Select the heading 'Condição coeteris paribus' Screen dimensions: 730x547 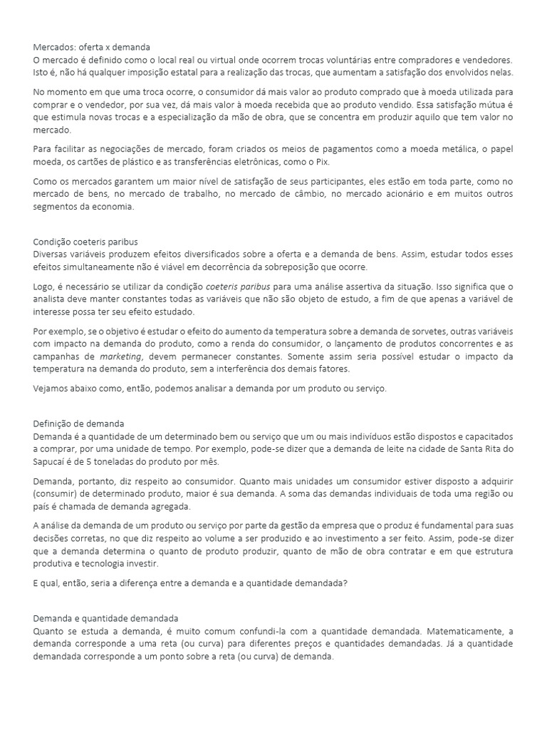(x=85, y=241)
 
